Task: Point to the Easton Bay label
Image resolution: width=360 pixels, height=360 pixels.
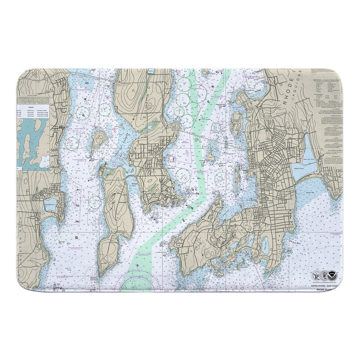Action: (317, 192)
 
